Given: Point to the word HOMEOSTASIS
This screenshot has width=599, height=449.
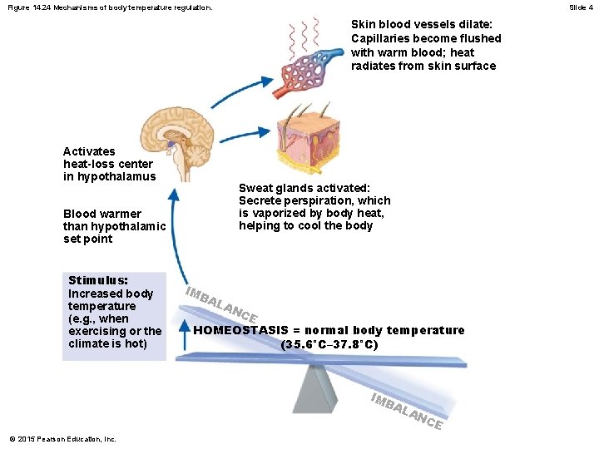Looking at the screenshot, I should click(x=242, y=330).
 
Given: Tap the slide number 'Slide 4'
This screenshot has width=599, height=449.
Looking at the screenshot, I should click(x=581, y=7).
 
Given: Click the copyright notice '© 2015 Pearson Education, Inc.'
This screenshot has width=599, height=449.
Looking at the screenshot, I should click(x=62, y=439).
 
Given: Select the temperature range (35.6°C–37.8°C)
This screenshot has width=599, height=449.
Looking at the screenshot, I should click(x=329, y=343).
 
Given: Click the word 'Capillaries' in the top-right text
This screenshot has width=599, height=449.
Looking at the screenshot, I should click(x=381, y=38).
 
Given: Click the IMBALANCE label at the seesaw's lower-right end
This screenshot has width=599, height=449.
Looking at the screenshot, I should click(x=406, y=410).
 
